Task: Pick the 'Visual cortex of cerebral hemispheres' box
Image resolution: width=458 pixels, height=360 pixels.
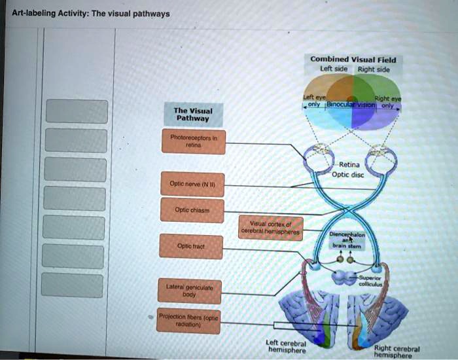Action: click(271, 228)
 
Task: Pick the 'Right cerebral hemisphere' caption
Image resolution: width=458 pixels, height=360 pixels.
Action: click(398, 352)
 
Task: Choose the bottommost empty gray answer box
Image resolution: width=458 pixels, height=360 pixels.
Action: click(73, 285)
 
